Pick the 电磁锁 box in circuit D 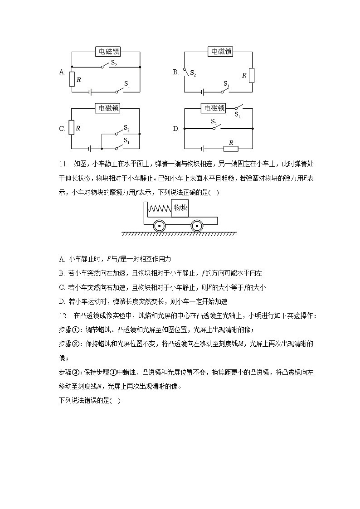pos(214,108)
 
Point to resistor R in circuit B pos(252,75)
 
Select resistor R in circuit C pos(71,128)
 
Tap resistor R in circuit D pos(231,148)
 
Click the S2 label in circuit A pos(114,64)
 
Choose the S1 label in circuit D pos(237,115)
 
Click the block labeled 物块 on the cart pos(180,208)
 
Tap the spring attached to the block pos(159,209)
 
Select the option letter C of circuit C pos(62,129)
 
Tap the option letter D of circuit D pos(176,129)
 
